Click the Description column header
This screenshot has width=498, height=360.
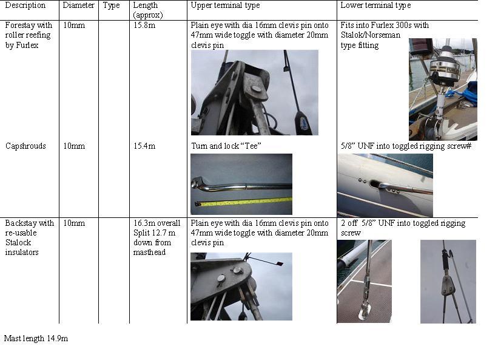25,5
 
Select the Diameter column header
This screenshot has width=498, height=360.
78,5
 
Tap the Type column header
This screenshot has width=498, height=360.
111,5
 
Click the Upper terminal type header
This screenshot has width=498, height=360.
225,5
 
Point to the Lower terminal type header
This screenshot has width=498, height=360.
375,5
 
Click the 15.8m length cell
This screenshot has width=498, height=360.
144,25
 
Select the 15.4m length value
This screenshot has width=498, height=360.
144,146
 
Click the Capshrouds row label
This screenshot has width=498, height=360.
25,146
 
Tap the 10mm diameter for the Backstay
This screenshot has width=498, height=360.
74,223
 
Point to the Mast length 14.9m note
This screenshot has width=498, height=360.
36,338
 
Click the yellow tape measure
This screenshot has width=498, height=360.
243,202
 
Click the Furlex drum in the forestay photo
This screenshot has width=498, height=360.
445,69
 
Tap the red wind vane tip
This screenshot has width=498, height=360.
280,263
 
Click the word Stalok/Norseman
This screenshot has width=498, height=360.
371,35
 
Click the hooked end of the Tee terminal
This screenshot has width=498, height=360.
198,183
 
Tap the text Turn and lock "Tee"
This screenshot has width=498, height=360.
226,146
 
